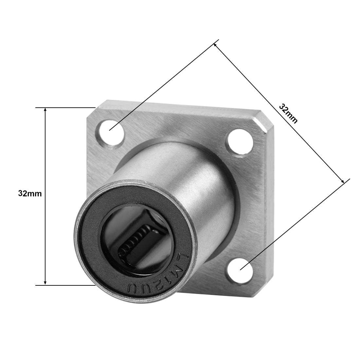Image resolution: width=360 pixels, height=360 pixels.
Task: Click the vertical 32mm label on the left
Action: (x=30, y=193)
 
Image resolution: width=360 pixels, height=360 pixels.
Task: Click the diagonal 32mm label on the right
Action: (x=288, y=113)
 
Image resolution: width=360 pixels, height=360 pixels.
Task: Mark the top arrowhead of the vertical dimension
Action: (x=45, y=110)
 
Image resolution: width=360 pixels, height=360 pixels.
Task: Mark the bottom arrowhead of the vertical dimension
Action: (x=45, y=282)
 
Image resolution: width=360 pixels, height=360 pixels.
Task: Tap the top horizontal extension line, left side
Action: (x=65, y=107)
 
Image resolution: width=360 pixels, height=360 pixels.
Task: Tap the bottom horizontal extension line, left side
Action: (x=65, y=285)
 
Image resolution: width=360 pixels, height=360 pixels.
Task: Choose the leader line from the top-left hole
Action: (x=164, y=85)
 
